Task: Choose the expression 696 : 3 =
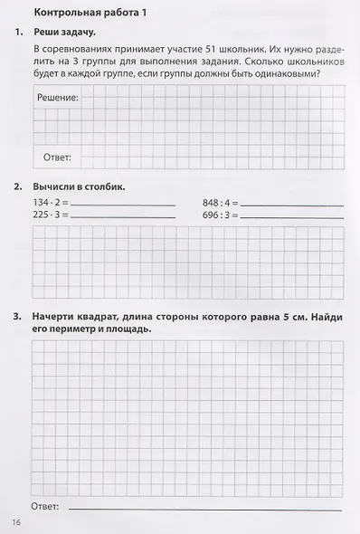click(221, 215)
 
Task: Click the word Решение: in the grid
click(57, 97)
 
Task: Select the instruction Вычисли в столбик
click(78, 186)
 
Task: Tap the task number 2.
click(18, 186)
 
